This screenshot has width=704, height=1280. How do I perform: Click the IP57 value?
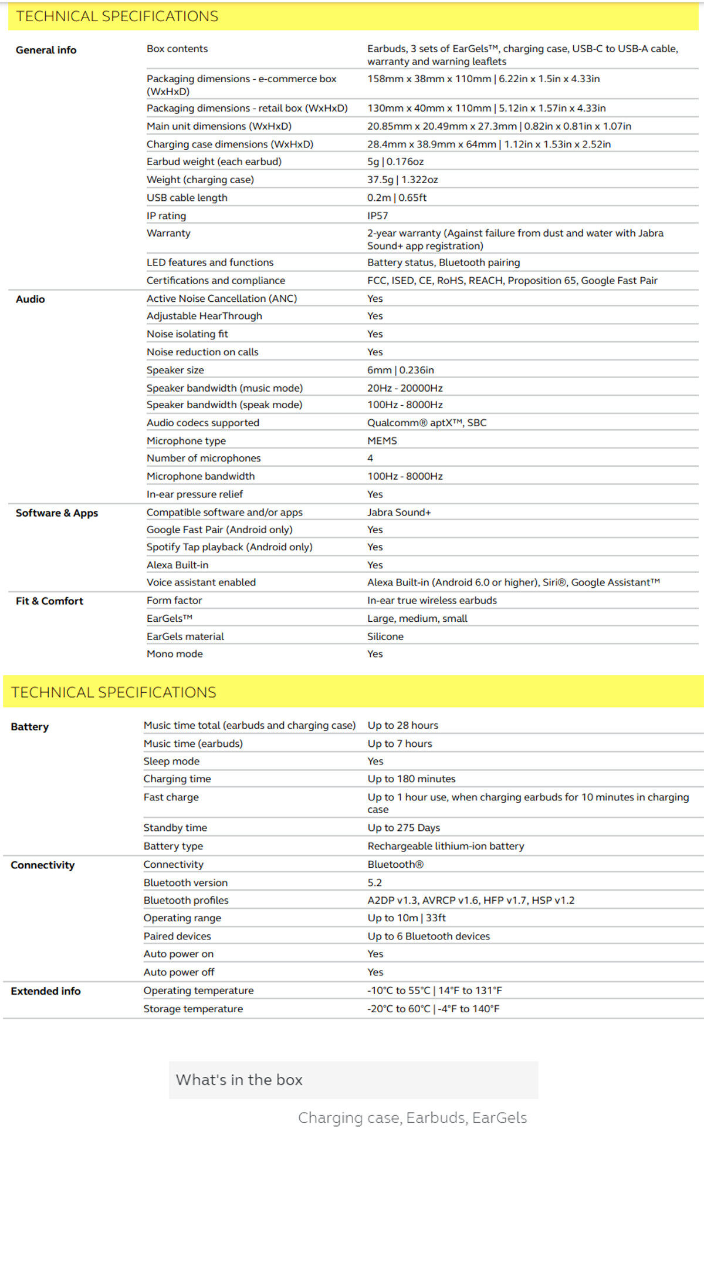(x=378, y=215)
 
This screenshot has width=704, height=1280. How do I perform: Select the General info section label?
(x=46, y=50)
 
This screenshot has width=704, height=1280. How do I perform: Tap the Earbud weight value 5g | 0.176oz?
(x=395, y=161)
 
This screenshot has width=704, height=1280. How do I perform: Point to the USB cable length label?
(x=187, y=197)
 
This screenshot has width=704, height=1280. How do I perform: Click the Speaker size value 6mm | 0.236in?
(x=401, y=370)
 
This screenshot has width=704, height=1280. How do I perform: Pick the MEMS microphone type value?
(x=382, y=440)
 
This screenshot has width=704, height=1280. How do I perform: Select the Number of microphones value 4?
(x=370, y=458)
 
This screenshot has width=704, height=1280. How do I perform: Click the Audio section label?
(x=31, y=299)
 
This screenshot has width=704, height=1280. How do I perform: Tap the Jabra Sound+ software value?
(x=399, y=512)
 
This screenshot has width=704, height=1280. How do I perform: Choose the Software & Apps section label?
(x=57, y=513)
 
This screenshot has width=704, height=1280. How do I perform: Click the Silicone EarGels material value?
(x=385, y=636)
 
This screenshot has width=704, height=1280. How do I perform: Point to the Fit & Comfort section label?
(x=49, y=601)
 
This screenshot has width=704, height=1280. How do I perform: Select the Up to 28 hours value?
(x=403, y=725)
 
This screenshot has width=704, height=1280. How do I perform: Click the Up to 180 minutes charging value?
(x=411, y=779)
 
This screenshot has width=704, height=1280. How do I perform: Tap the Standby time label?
(x=175, y=827)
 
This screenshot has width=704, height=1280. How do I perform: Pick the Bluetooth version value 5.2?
(x=375, y=882)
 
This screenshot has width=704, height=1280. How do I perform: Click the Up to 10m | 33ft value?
(x=407, y=918)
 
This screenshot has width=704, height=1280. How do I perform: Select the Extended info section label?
(x=46, y=991)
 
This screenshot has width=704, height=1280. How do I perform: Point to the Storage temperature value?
(x=434, y=1009)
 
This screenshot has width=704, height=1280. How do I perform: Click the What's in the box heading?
(x=239, y=1080)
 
